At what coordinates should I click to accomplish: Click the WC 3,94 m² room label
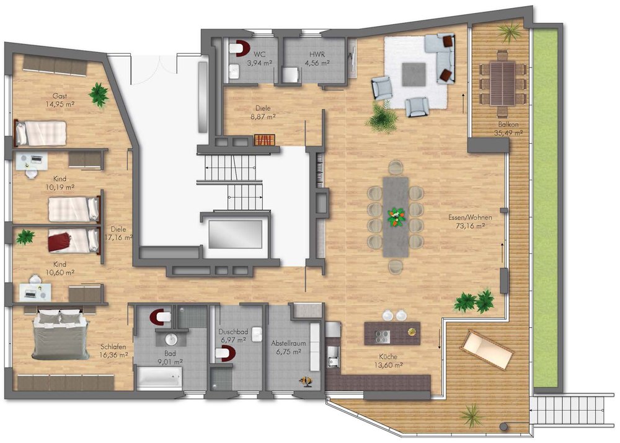coord(259,58)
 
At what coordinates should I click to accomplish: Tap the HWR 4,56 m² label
coord(317,58)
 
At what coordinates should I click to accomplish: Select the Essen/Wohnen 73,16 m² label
coord(470,222)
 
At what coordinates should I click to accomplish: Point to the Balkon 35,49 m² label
coord(508,129)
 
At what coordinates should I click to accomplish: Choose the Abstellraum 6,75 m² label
coord(288,348)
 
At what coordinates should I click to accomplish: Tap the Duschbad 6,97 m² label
coord(233,336)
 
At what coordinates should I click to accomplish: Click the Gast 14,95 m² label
coord(60,100)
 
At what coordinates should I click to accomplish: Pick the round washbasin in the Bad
coord(171,339)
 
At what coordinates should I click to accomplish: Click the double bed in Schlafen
coord(61,335)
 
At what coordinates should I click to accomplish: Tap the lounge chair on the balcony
coord(487,350)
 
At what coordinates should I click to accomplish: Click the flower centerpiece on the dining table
coord(396,217)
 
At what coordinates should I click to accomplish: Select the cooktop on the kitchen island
coord(382,336)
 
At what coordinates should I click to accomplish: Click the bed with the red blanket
coord(74,240)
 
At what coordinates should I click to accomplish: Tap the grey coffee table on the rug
coord(414,74)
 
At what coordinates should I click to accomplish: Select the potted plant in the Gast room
coord(98,94)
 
